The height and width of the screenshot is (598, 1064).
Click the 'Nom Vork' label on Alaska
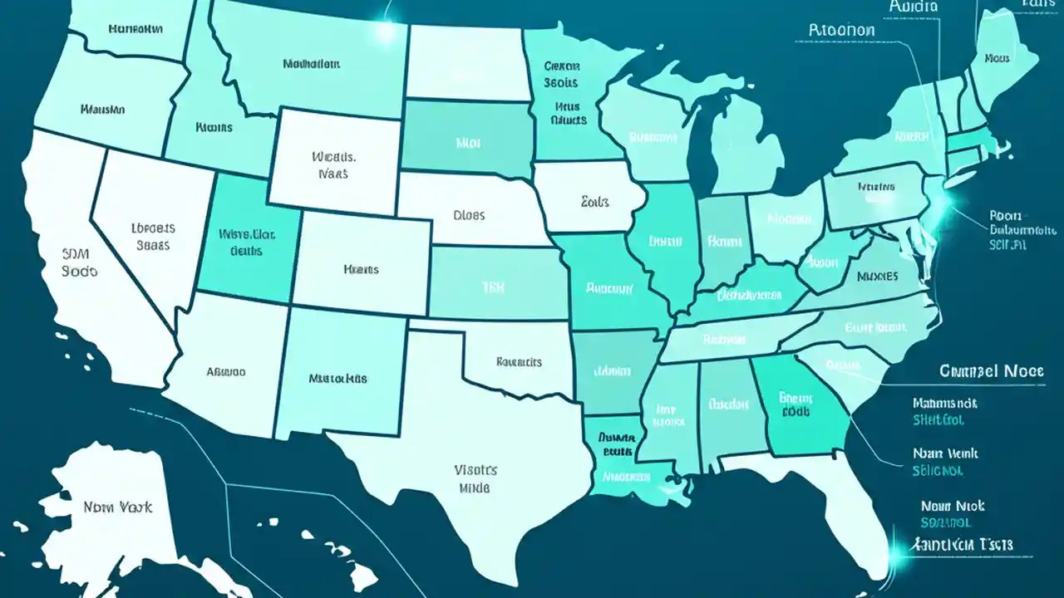pyautogui.click(x=117, y=506)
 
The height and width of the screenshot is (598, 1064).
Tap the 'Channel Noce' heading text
pyautogui.click(x=990, y=371)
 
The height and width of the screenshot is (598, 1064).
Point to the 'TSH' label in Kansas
pyautogui.click(x=494, y=287)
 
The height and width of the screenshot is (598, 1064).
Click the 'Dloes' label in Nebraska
pyautogui.click(x=469, y=214)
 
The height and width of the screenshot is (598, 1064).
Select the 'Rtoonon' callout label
pyautogui.click(x=841, y=30)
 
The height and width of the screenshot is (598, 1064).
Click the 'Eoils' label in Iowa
pyautogui.click(x=594, y=201)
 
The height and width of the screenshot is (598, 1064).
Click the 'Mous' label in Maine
pyautogui.click(x=997, y=59)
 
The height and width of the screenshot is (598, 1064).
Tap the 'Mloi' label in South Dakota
pyautogui.click(x=468, y=143)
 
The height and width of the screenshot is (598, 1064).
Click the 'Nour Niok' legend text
pyautogui.click(x=953, y=505)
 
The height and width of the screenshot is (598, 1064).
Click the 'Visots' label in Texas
pyautogui.click(x=475, y=469)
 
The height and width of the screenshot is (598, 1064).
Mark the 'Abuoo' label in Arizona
pyautogui.click(x=225, y=372)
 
